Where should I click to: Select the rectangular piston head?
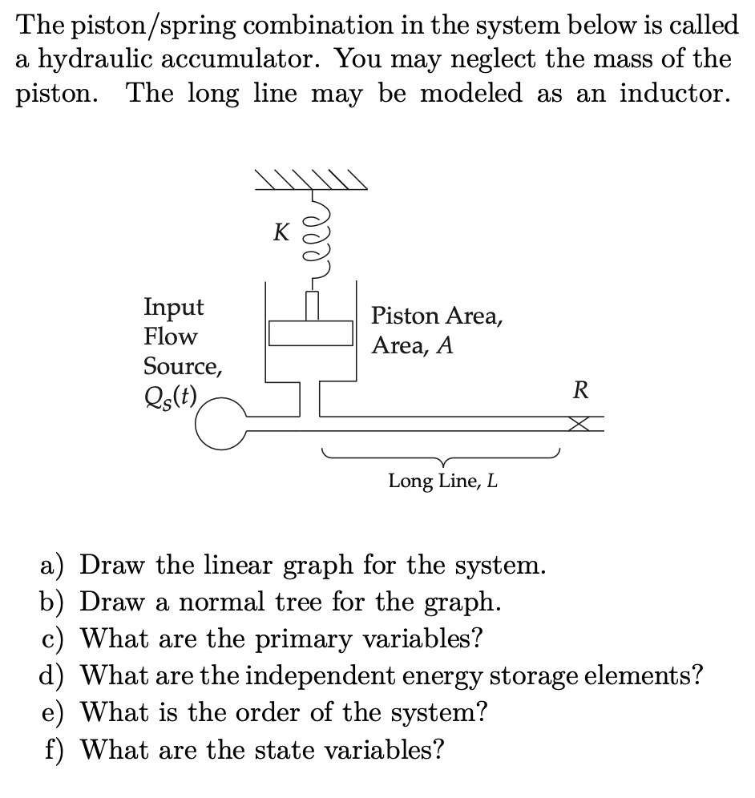point(311,332)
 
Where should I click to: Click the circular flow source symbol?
point(220,425)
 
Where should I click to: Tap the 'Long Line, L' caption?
point(442,481)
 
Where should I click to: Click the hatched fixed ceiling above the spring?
point(311,181)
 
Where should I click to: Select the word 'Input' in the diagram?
point(173,307)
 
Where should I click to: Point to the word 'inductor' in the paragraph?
point(673,94)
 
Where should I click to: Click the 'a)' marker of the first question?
point(54,565)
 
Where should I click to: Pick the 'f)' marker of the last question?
point(55,750)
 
